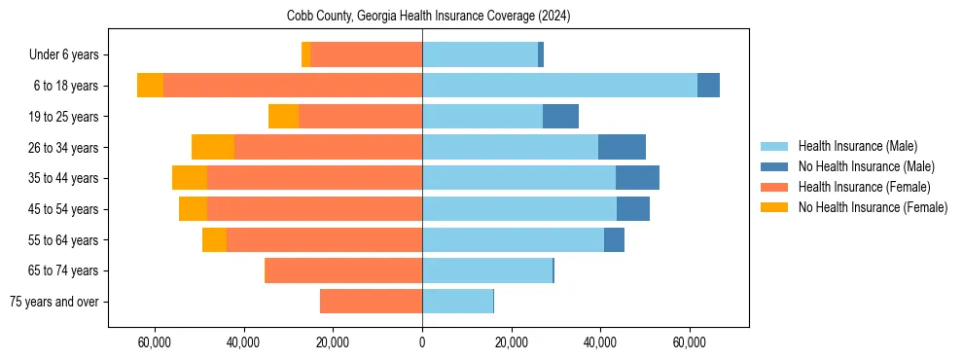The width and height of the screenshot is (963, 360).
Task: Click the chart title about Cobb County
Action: point(428,17)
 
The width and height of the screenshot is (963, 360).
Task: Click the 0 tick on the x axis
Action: point(422,342)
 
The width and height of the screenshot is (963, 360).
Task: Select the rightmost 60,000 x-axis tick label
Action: point(690,342)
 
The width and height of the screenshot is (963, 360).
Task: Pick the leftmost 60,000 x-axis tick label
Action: point(155,342)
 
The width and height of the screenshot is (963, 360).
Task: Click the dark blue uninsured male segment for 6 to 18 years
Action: point(708,86)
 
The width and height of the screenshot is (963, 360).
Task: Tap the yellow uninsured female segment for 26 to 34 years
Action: point(213,147)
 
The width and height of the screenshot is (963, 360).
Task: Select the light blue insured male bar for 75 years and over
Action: point(457,302)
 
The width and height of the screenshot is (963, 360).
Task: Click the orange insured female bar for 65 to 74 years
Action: point(343,270)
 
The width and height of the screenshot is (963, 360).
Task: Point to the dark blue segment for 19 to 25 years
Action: point(560,117)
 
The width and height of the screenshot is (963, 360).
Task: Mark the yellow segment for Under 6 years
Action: point(305,55)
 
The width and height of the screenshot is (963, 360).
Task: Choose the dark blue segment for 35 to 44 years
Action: point(637,178)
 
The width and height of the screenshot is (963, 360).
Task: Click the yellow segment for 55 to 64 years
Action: point(214,239)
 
